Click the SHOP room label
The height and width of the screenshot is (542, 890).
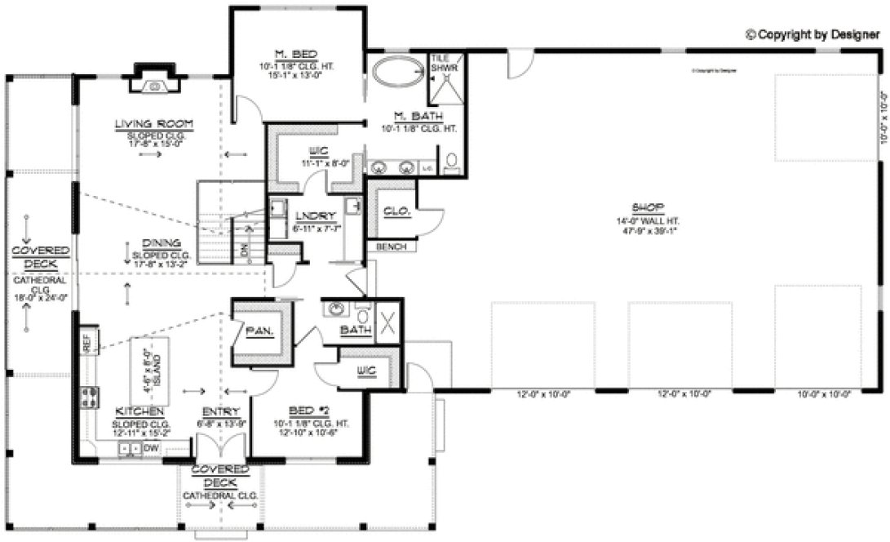[x=649, y=207]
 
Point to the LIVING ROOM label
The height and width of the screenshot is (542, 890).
[x=153, y=124]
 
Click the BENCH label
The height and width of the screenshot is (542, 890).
[x=391, y=247]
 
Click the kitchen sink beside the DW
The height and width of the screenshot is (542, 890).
[x=128, y=448]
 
